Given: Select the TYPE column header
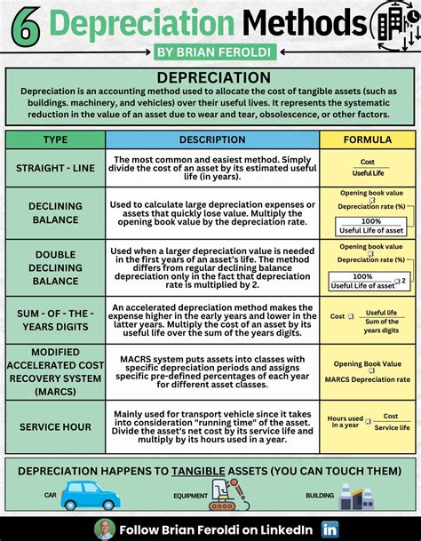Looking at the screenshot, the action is coord(55,140).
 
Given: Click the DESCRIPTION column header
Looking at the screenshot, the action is coord(211,140).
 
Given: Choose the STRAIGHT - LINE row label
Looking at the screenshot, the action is coord(55,168).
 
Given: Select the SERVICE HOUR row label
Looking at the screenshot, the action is coord(55,427).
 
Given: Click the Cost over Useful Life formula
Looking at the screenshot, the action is coord(367,168).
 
